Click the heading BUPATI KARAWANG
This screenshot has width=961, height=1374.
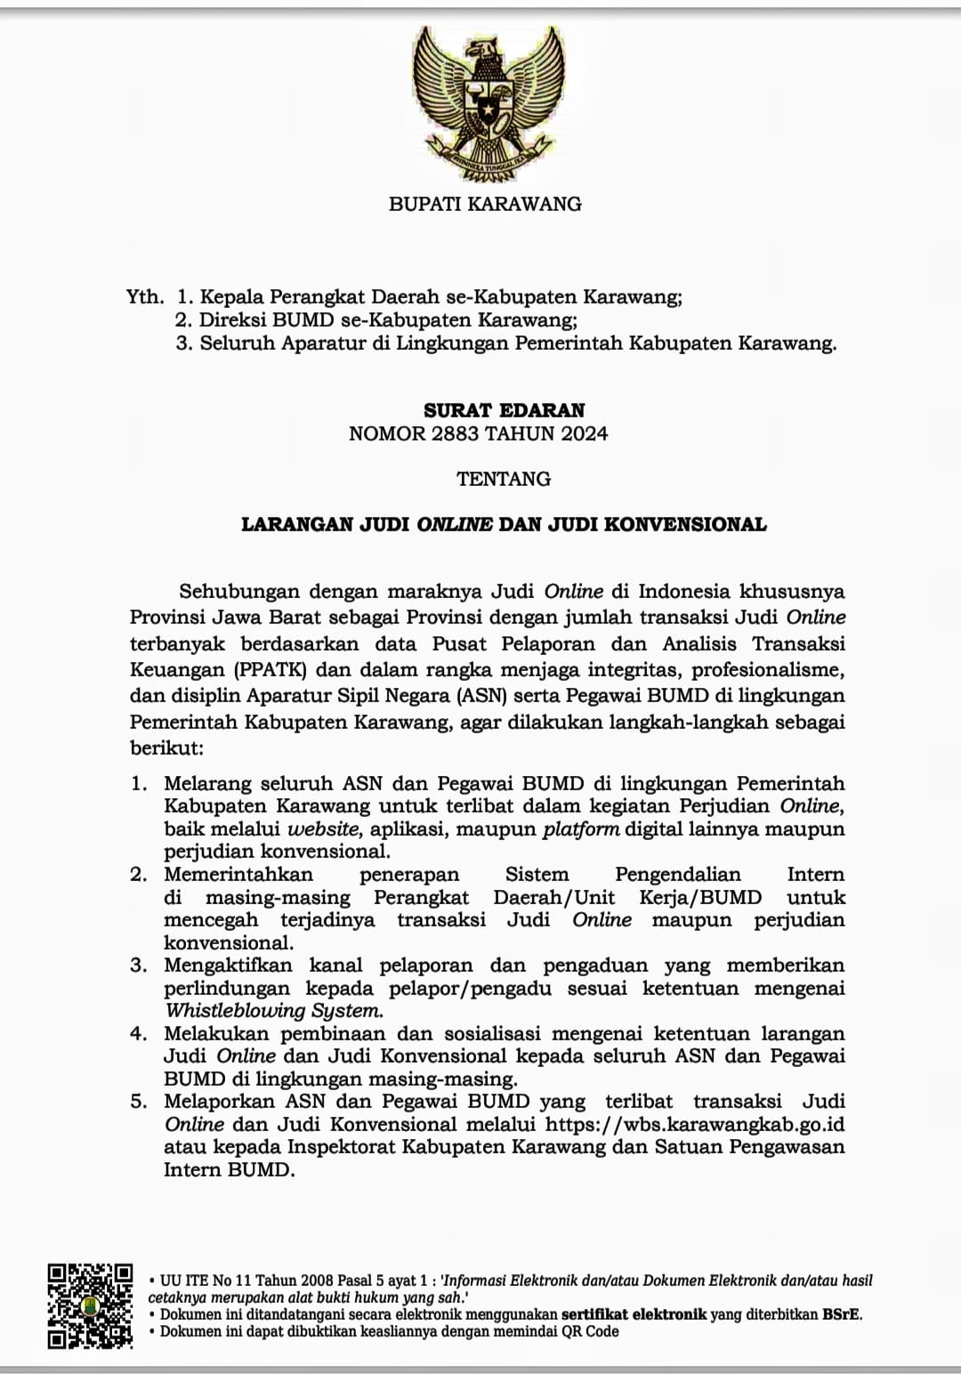[485, 204]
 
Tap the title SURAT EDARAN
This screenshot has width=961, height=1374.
[504, 410]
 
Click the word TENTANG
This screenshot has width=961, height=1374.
[504, 479]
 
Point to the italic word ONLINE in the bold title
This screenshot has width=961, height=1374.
[455, 524]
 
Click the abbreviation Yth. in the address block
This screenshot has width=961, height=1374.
[145, 297]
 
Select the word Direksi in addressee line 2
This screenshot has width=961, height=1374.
[230, 319]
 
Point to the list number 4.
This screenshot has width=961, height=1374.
[138, 1034]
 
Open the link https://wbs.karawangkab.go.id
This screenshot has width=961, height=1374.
[695, 1125]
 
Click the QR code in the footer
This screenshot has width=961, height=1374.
[91, 1305]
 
